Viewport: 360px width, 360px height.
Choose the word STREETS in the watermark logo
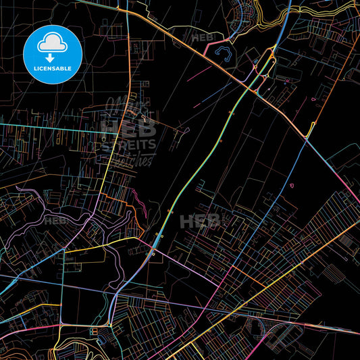point(128,144)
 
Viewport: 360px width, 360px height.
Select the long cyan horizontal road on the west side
point(47,126)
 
